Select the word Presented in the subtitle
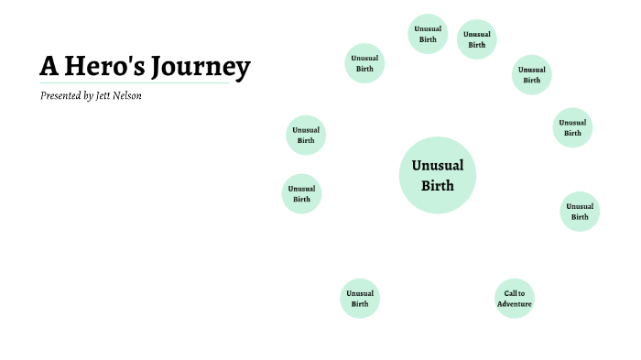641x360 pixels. (x=60, y=96)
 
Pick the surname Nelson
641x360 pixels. (x=128, y=96)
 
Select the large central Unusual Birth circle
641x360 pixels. (x=438, y=175)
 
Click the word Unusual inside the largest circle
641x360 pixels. (x=438, y=166)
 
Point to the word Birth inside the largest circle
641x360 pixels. (x=438, y=186)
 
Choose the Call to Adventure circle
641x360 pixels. (x=514, y=299)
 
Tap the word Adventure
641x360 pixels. (x=514, y=304)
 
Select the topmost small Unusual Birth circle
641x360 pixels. (x=428, y=34)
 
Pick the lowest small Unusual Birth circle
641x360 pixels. (x=360, y=299)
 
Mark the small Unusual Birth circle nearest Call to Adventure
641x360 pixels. (x=580, y=212)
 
